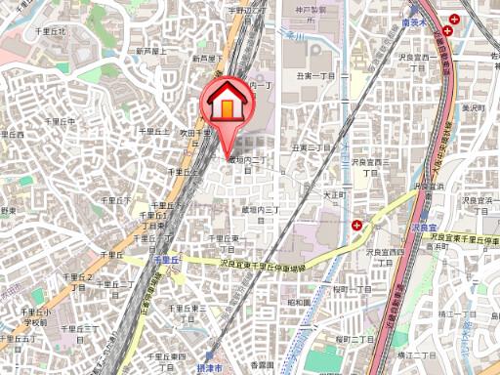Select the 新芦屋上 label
pyautogui.click(x=154, y=50)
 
